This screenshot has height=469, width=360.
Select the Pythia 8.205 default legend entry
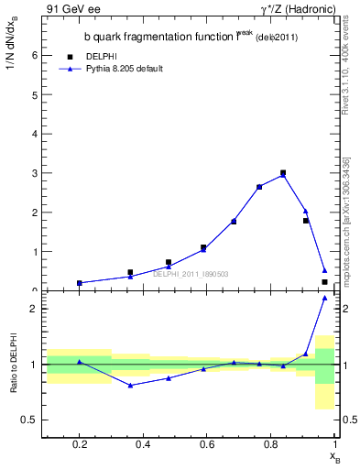124,69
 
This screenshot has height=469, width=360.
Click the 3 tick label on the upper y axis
34,173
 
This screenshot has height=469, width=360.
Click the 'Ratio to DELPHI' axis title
14,365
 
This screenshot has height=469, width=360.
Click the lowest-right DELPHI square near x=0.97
324,282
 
